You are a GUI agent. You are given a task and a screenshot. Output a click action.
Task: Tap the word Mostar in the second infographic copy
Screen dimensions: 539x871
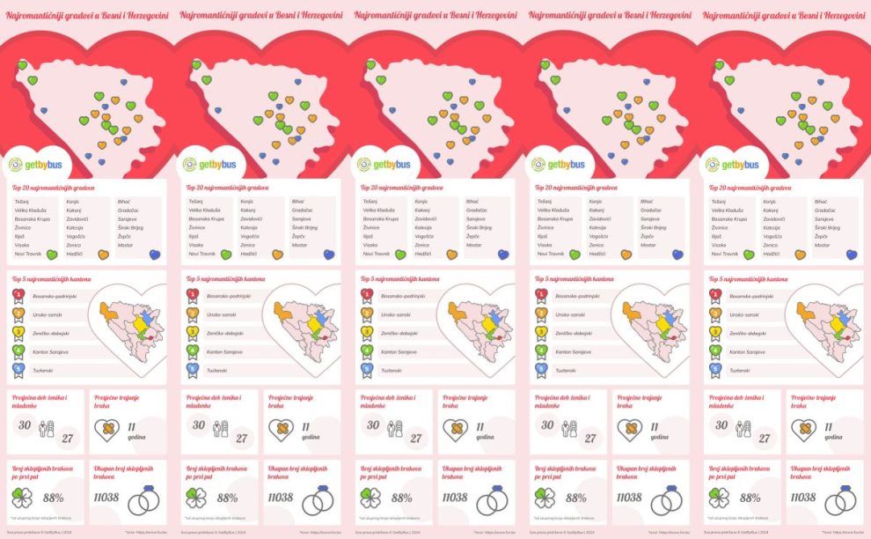[x=300, y=245]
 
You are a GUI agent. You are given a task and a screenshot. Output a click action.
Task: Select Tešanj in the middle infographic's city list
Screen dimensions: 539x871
[x=370, y=202]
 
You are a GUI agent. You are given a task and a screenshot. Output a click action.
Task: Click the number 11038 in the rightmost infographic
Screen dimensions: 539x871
[x=802, y=498]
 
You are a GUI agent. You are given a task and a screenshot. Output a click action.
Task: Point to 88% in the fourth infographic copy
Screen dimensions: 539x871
[x=576, y=498]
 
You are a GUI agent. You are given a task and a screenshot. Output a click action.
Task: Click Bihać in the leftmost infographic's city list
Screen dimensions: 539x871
[x=125, y=202]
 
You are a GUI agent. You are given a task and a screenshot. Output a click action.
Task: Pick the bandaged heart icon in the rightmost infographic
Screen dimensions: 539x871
[x=802, y=430]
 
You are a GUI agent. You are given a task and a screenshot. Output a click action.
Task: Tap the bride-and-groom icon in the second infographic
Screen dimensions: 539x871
[x=220, y=430]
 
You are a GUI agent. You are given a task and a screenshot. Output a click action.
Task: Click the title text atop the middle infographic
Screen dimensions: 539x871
[x=435, y=15]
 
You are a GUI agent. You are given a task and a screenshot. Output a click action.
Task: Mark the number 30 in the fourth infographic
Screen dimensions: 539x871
[x=547, y=425]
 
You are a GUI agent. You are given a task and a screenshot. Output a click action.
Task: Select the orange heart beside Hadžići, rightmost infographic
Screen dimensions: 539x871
[x=801, y=255]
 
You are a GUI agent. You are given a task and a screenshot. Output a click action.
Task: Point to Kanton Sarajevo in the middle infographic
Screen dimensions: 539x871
[x=399, y=352]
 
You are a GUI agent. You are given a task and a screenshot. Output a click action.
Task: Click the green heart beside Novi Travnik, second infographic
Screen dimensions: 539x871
[x=225, y=255]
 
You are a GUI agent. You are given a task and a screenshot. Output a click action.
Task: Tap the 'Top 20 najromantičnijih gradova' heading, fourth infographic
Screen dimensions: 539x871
[x=577, y=188]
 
